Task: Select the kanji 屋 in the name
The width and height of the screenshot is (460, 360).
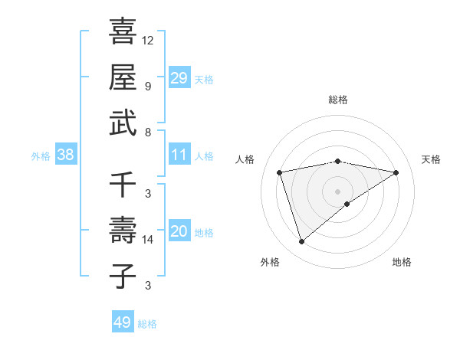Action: pos(123,77)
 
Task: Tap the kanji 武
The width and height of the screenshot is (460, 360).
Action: pos(123,123)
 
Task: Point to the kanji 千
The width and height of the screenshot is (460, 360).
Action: pos(123,184)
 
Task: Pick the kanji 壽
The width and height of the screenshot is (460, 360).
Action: pos(123,231)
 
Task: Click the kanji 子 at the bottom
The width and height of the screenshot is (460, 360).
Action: pos(123,277)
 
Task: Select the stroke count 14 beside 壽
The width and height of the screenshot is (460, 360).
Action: pos(148,240)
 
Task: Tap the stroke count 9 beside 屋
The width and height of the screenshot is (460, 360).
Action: pos(148,86)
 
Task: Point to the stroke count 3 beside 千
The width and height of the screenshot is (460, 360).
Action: pos(148,193)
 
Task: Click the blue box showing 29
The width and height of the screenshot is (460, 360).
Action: pos(179,77)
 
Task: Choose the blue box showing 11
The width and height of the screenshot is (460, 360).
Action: pos(179,155)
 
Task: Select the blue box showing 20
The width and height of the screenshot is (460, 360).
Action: pos(179,231)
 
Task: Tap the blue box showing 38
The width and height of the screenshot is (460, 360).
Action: pos(66,155)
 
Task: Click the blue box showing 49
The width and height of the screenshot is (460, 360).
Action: pos(123,322)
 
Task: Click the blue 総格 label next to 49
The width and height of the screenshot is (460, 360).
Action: pos(147,324)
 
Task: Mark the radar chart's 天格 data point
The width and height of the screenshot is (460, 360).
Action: pos(396,172)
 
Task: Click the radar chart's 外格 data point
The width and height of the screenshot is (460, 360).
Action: pos(301,242)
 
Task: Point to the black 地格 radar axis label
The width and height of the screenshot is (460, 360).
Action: pos(402,263)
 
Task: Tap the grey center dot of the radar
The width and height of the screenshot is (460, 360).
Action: pos(337,191)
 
